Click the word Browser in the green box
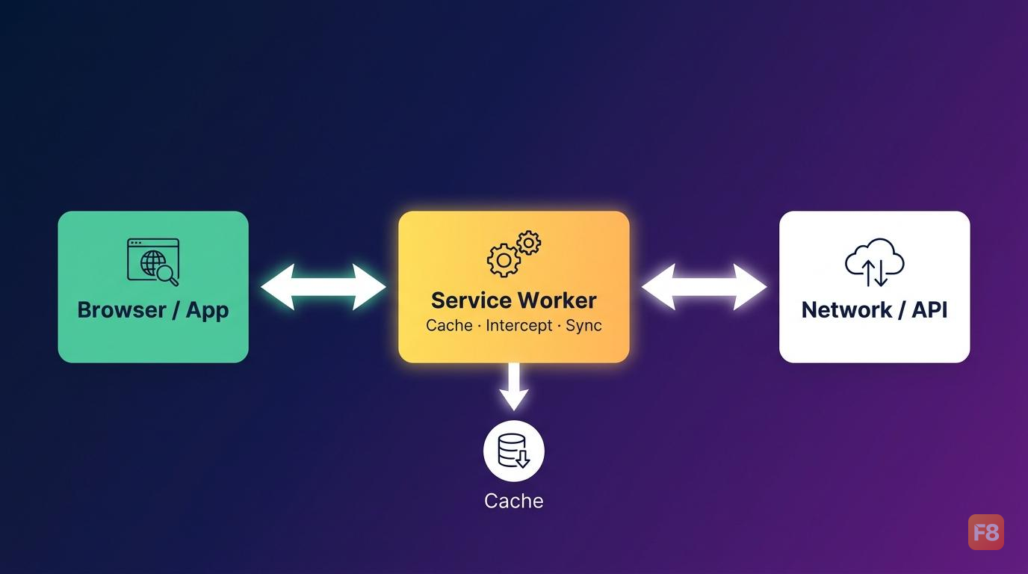[x=122, y=310]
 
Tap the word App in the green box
[x=208, y=312]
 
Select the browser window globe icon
[x=153, y=262]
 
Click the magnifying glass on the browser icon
[x=167, y=275]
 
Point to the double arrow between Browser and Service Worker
[x=323, y=286]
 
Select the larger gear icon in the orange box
[x=504, y=260]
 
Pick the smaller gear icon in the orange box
[x=529, y=242]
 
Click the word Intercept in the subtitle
[x=518, y=325]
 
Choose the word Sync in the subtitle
[x=583, y=326]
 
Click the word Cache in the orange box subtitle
[x=449, y=325]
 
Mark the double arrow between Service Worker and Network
[x=704, y=286]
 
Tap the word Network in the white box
[x=846, y=310]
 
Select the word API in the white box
[x=929, y=310]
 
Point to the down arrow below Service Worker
[x=514, y=386]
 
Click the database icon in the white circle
[x=513, y=451]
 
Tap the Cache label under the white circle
[x=514, y=501]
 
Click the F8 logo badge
[x=985, y=532]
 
